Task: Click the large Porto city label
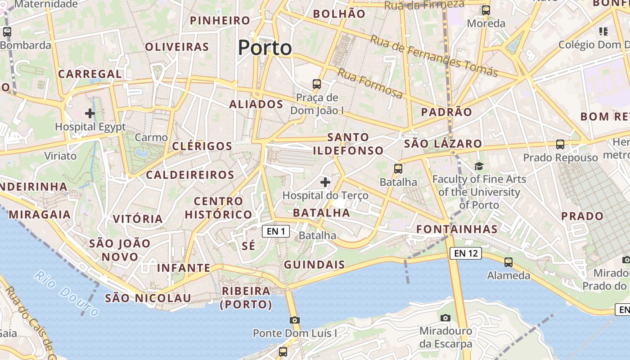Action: (265, 48)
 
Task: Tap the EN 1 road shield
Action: (275, 231)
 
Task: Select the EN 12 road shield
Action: (465, 253)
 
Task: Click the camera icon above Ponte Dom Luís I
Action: (295, 320)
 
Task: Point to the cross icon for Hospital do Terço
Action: (325, 182)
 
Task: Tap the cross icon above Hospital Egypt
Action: (90, 113)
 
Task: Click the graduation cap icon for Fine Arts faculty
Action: (479, 166)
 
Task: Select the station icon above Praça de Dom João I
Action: (317, 84)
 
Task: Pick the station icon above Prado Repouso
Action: (560, 144)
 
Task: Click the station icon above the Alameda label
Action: (508, 262)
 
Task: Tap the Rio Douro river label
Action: (67, 293)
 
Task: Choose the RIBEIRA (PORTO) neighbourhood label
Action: (246, 297)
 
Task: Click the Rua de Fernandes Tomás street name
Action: (434, 56)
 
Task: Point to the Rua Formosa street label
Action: (370, 83)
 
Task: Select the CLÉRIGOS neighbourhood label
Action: (202, 146)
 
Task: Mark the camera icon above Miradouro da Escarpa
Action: (445, 318)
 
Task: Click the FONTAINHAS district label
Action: (457, 229)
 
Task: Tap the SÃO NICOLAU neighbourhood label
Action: (148, 298)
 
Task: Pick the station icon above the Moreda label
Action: (486, 10)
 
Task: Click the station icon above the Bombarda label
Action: (7, 32)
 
